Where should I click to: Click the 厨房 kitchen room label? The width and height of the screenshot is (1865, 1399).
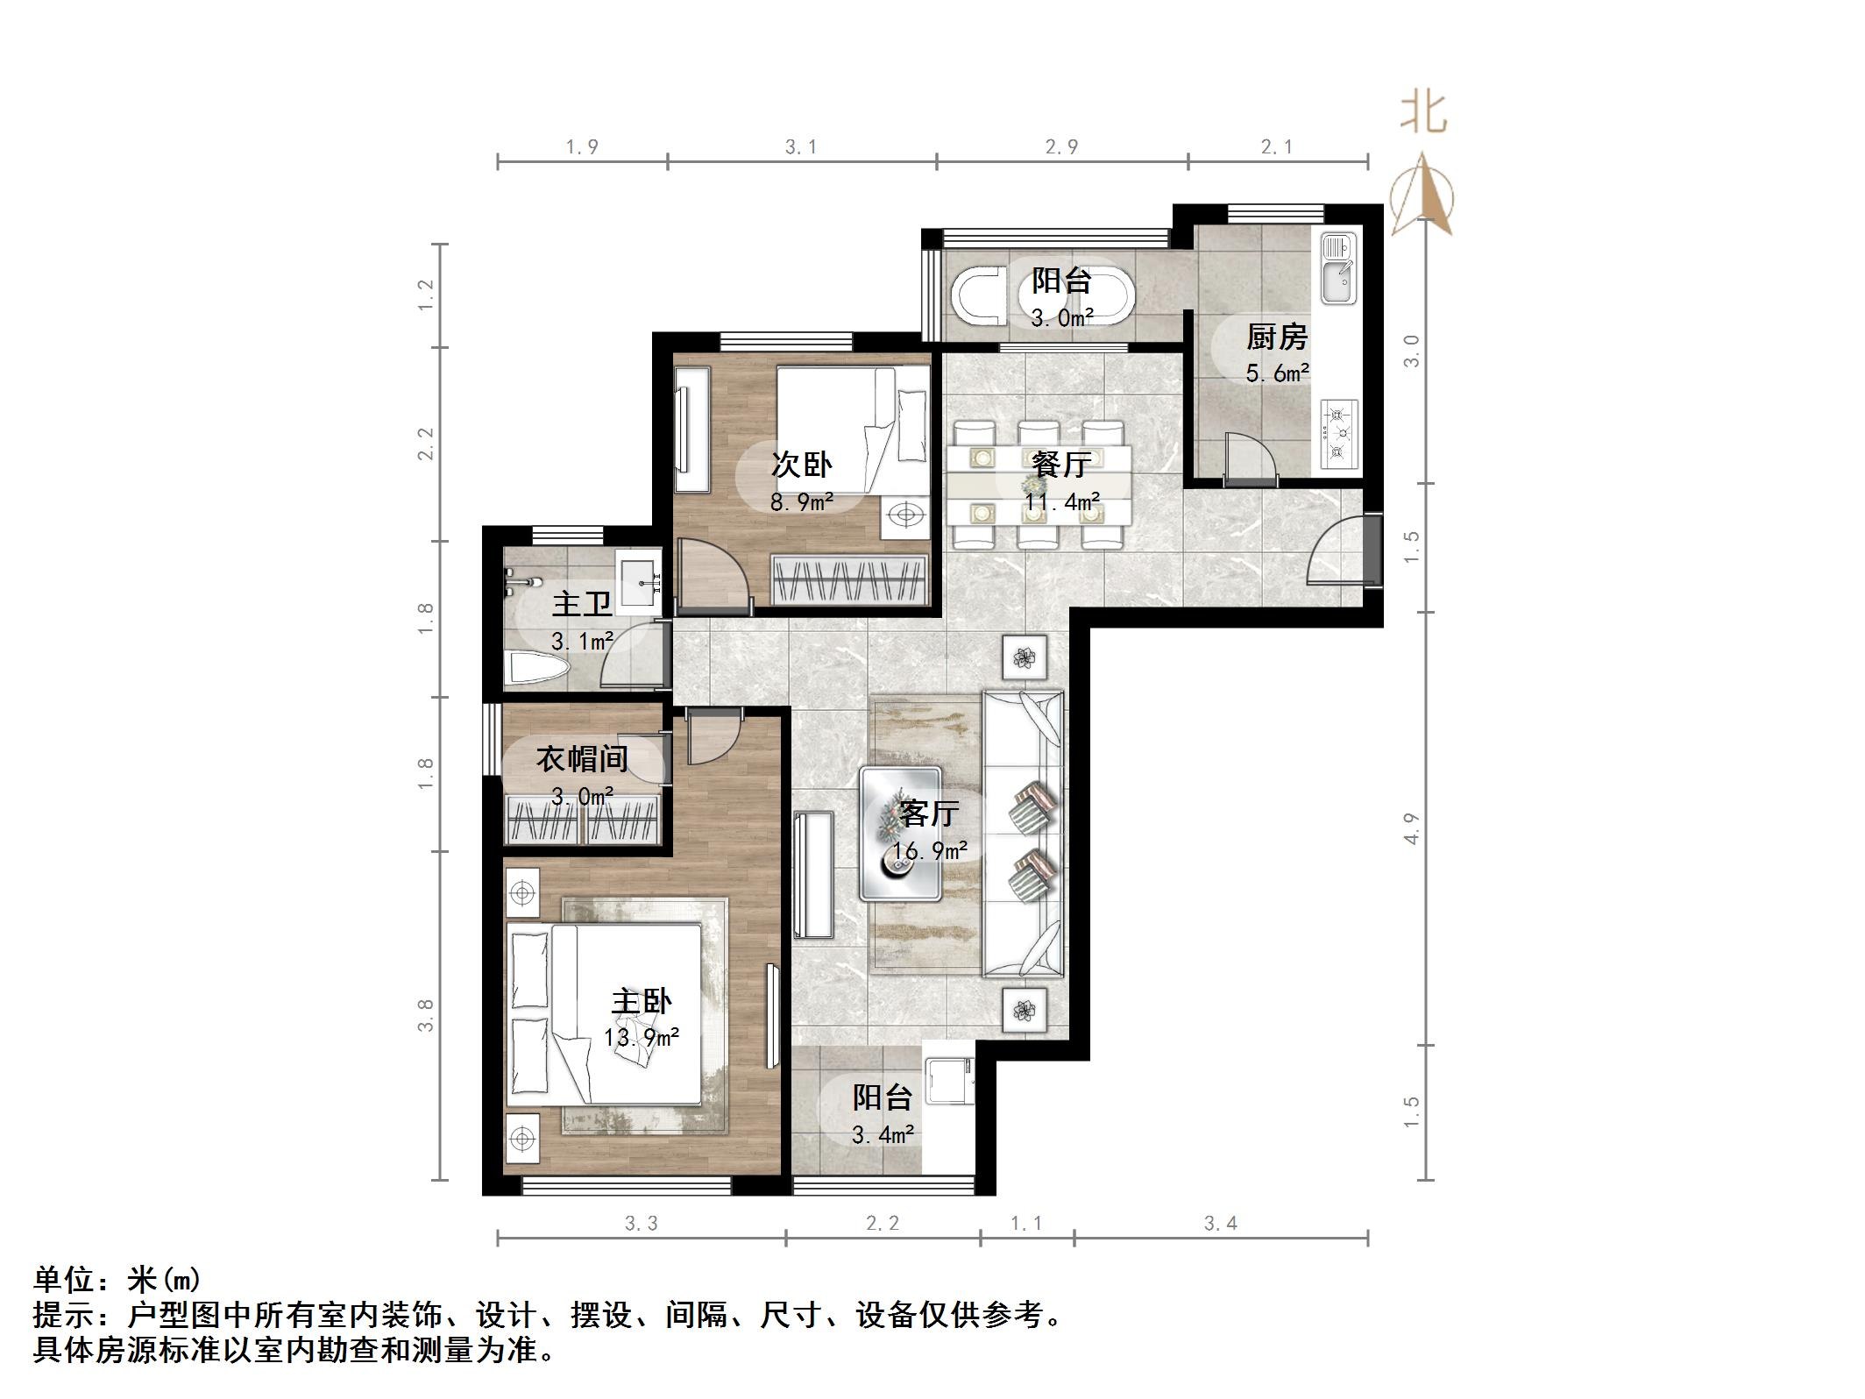pos(1277,337)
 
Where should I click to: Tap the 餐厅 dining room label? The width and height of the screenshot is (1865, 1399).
pos(1061,465)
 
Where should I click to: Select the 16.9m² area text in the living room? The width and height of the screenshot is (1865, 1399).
pos(929,851)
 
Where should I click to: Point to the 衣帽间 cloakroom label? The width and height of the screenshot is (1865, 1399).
pos(582,759)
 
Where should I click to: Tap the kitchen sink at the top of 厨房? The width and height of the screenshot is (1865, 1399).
pos(1338,267)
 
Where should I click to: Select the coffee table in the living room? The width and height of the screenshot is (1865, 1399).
pos(901,834)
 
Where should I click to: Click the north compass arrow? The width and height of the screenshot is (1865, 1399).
pos(1423,197)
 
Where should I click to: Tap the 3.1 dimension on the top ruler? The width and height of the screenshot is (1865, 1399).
pos(800,147)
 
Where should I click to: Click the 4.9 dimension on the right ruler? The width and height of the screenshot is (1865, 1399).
pos(1411,828)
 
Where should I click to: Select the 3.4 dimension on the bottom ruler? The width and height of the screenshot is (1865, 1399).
pos(1220,1224)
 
